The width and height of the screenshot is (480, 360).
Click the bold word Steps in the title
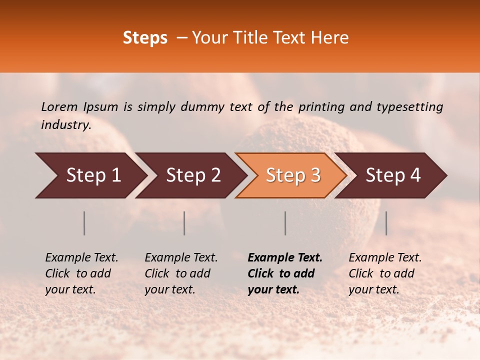[145, 38]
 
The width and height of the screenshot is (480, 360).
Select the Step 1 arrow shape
[90, 175]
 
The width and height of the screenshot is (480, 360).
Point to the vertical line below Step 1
[84, 223]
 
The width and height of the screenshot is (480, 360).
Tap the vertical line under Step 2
[184, 223]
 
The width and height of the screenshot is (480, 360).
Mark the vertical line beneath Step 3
[285, 223]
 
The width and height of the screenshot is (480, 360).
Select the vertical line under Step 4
[386, 223]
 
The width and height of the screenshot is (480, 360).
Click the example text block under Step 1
[81, 273]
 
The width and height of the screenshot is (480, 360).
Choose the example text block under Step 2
[181, 273]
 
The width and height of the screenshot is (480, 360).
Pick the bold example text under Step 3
[285, 273]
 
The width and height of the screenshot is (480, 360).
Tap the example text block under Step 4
[385, 273]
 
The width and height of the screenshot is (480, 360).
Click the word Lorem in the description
[59, 106]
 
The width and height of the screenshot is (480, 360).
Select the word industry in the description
[65, 125]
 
